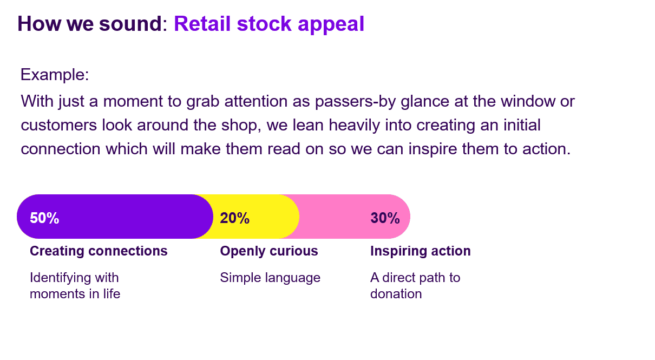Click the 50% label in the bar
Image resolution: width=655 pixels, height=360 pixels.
(x=44, y=218)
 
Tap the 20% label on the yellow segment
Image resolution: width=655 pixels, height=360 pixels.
(x=234, y=218)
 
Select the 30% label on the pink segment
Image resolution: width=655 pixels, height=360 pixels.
(x=385, y=218)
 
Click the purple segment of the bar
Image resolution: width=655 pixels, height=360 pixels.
(x=115, y=217)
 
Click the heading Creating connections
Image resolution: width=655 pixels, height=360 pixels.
(x=99, y=251)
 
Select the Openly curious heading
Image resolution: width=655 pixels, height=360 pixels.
(x=268, y=251)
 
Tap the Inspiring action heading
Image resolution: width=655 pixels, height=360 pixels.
(x=420, y=251)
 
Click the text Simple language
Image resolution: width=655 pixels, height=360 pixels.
(x=270, y=278)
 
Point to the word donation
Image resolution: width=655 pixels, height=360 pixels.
(x=396, y=294)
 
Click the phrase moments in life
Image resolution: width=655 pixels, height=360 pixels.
(x=75, y=294)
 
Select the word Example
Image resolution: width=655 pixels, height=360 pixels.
(x=53, y=75)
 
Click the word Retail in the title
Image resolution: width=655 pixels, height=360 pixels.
(x=202, y=23)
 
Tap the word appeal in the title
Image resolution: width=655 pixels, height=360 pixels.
(x=331, y=24)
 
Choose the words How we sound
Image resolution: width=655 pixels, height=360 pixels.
(x=89, y=23)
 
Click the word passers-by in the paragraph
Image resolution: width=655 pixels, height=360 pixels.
(x=355, y=102)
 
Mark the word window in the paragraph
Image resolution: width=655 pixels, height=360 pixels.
(x=528, y=101)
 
